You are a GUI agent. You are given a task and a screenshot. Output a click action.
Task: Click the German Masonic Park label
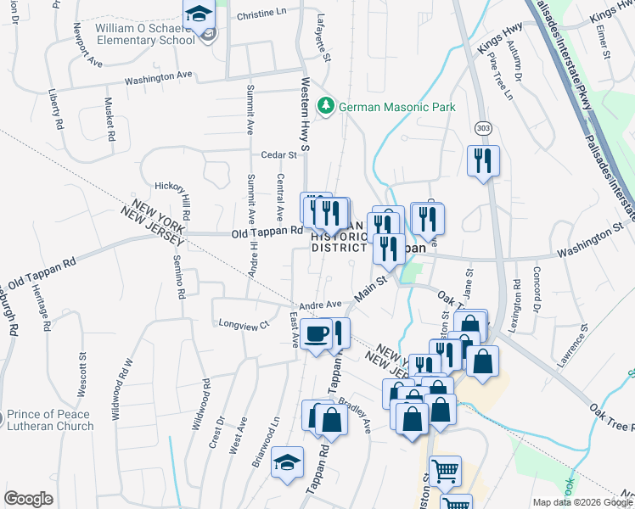(396, 107)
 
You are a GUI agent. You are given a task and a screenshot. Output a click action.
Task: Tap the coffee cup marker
(315, 333)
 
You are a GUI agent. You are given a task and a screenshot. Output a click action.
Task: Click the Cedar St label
(278, 154)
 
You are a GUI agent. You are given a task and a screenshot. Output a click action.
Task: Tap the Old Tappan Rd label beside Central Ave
(267, 232)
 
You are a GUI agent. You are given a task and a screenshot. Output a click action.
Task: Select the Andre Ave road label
(320, 305)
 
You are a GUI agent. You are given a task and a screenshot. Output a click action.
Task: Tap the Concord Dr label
(537, 288)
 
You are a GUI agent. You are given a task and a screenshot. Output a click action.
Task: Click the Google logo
(28, 499)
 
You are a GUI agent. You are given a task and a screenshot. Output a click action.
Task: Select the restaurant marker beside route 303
(483, 161)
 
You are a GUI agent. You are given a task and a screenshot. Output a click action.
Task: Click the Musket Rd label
(110, 118)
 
